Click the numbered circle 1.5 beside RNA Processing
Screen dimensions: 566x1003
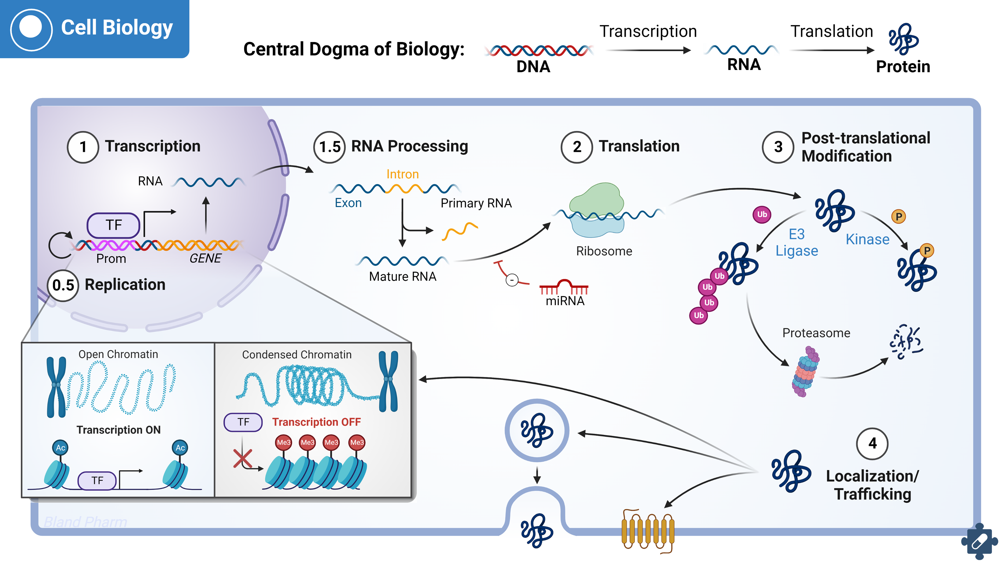coord(329,147)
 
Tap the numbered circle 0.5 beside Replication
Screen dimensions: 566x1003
coord(63,285)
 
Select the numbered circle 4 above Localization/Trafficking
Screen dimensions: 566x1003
coord(872,444)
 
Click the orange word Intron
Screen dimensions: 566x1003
coord(402,174)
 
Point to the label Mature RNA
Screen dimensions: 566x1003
coord(402,276)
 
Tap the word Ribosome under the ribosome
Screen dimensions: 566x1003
coord(604,251)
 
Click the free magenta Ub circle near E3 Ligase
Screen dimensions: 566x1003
coord(762,214)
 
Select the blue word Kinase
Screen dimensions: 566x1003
coord(867,239)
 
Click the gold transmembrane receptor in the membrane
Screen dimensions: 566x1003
coord(648,530)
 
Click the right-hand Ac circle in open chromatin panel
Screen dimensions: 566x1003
coord(180,448)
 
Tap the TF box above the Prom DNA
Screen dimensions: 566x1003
coord(113,225)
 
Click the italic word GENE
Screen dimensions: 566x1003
coord(205,259)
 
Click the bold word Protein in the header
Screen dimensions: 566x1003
coord(902,67)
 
